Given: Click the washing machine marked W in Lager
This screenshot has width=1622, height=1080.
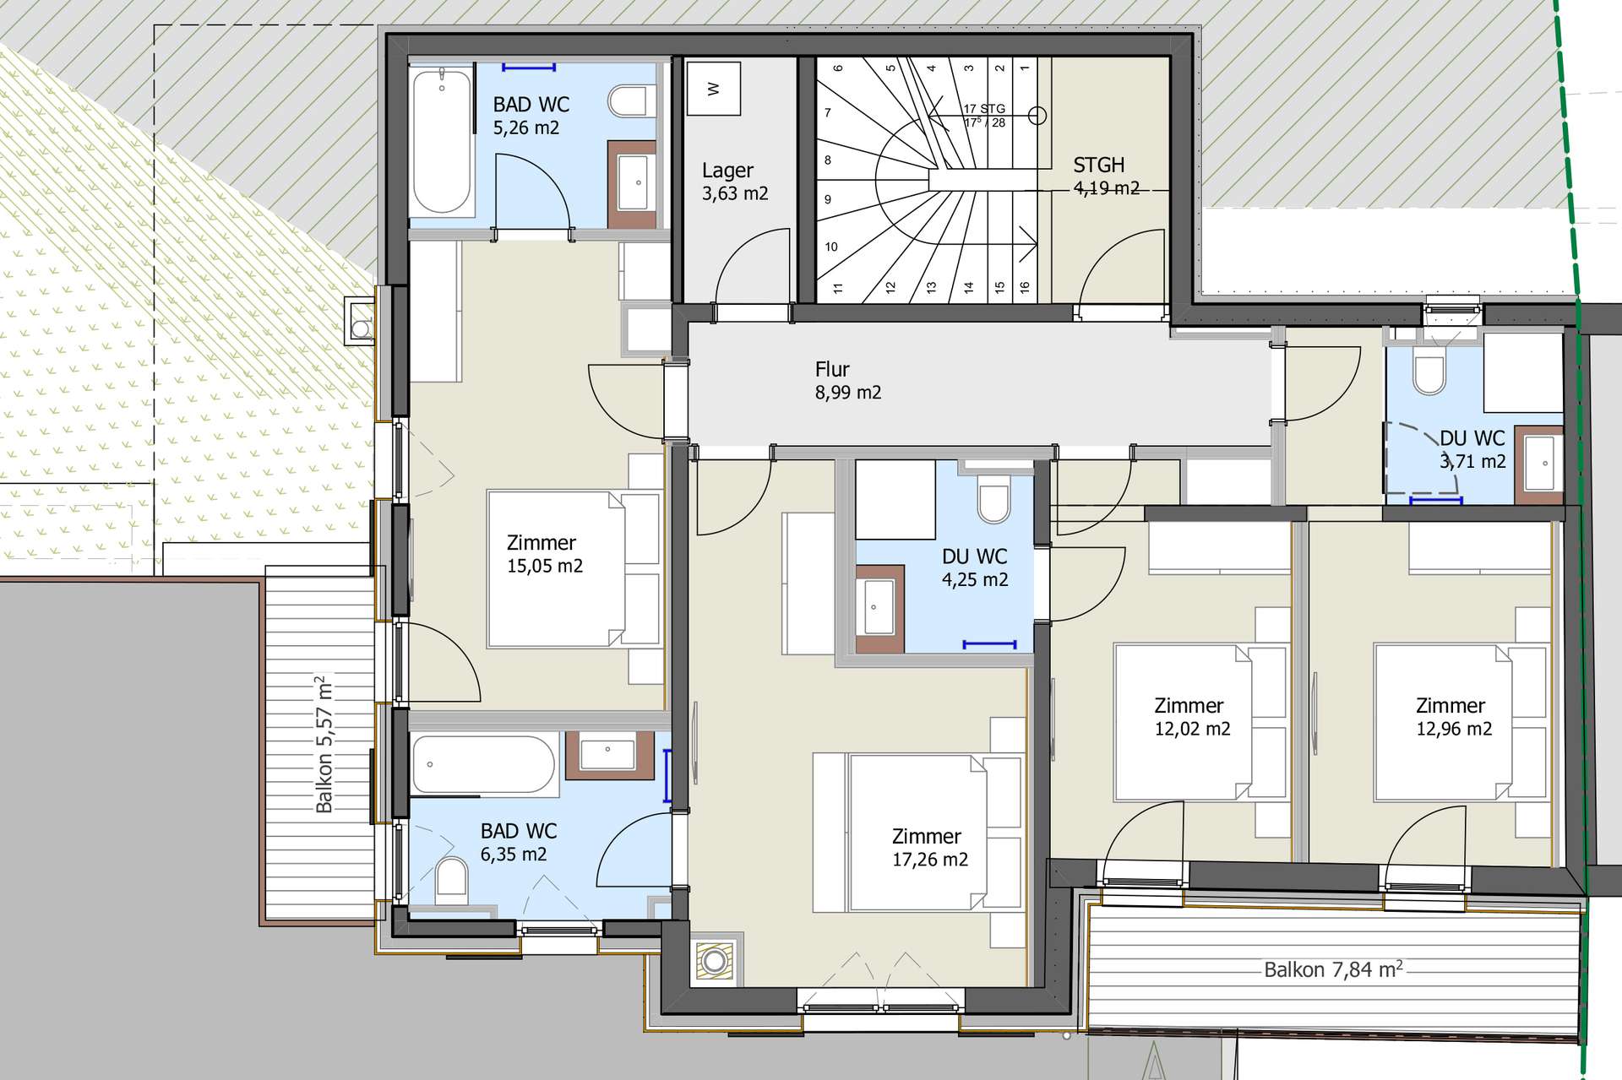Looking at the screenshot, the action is (714, 88).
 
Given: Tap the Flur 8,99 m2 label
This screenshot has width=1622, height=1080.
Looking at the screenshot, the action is (848, 381).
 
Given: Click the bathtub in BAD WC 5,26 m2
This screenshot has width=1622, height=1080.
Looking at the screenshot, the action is (441, 141).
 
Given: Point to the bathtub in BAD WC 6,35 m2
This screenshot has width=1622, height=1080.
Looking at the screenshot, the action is (483, 765).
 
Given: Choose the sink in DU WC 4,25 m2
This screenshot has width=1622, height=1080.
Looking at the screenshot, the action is (879, 608).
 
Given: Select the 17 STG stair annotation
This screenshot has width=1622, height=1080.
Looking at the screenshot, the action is (984, 109).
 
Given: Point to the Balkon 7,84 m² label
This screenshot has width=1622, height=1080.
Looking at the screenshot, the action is (1333, 969).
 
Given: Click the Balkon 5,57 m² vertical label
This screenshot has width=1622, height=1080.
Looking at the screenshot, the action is (324, 744).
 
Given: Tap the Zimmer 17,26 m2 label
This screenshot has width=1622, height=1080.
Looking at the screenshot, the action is (929, 848).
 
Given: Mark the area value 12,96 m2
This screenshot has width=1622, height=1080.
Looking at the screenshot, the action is (1454, 729).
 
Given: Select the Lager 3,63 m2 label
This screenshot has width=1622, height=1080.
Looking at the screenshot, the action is (735, 182).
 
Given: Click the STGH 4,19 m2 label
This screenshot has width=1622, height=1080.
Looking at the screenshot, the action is (1106, 176).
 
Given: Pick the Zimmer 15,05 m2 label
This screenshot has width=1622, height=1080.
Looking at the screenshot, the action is (545, 554).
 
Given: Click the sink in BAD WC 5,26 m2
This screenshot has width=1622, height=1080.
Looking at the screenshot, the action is (634, 182).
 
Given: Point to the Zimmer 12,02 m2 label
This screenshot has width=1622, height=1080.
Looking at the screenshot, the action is (1192, 717).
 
